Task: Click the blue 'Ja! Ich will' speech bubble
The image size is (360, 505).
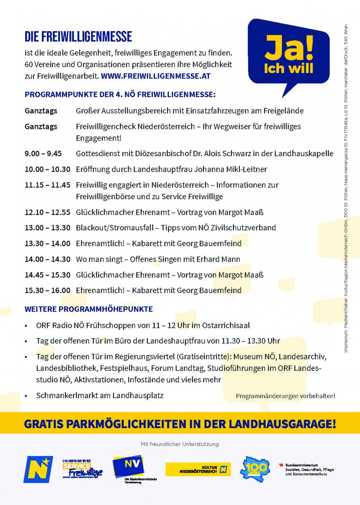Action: pyautogui.click(x=288, y=53)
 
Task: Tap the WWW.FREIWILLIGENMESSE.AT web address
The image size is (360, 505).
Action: pyautogui.click(x=156, y=76)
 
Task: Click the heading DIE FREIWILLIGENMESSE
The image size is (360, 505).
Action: pyautogui.click(x=78, y=37)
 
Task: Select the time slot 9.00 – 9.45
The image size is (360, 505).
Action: pyautogui.click(x=43, y=153)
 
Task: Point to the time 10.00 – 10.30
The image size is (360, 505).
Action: pyautogui.click(x=47, y=169)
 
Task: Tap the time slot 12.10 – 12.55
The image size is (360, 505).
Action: pyautogui.click(x=47, y=212)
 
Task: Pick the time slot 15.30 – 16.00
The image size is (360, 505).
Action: pyautogui.click(x=47, y=290)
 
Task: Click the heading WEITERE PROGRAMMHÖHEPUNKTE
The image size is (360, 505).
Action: pyautogui.click(x=88, y=309)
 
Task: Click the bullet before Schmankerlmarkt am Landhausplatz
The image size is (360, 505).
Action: pyautogui.click(x=26, y=396)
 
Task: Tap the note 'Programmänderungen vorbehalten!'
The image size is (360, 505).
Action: pyautogui.click(x=285, y=396)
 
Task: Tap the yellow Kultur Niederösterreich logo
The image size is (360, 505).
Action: pyautogui.click(x=198, y=469)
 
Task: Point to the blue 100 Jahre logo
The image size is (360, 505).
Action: pyautogui.click(x=255, y=469)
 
